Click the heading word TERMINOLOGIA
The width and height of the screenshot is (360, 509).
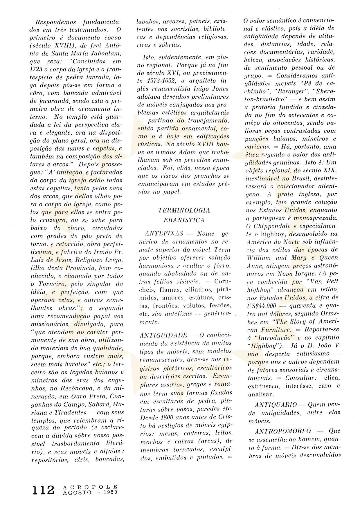click(184, 210)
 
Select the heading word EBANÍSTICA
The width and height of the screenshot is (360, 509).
click(184, 220)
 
